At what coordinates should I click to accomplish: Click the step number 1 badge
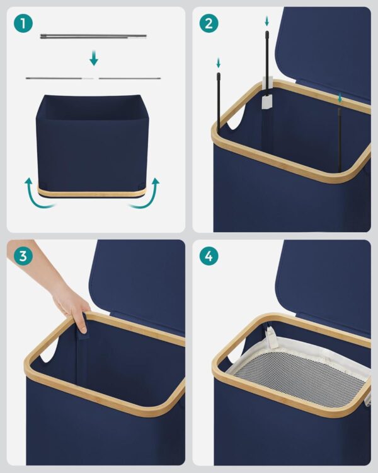tap(23, 23)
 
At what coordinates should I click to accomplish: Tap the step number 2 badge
tap(209, 23)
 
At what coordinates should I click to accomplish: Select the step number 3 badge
tap(23, 256)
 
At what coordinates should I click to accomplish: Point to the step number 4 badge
tap(209, 256)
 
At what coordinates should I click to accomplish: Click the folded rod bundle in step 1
tap(93, 37)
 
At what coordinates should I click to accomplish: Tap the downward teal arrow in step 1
tap(94, 58)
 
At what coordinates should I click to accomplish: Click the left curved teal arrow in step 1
tap(38, 195)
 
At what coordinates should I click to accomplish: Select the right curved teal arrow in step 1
tap(146, 195)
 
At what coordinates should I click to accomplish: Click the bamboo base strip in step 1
tap(92, 192)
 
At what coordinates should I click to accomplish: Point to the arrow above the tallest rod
tap(266, 21)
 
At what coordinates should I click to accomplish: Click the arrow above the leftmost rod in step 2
tap(218, 63)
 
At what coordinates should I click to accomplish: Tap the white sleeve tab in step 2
tap(267, 102)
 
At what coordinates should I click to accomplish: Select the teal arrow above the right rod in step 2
tap(340, 98)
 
